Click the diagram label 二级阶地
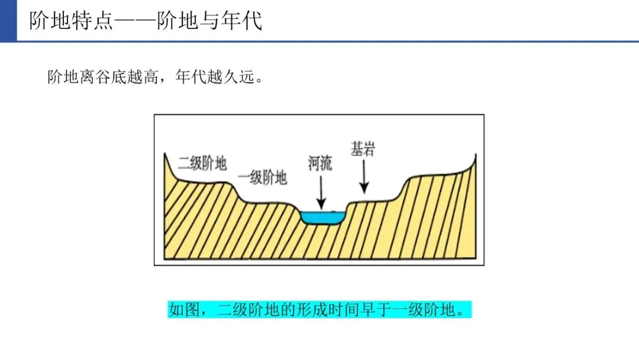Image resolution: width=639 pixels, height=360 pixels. [x=202, y=163]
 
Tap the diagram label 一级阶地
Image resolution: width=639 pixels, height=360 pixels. [x=262, y=177]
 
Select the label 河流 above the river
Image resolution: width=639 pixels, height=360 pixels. [x=320, y=163]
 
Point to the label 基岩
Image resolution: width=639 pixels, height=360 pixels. [x=363, y=149]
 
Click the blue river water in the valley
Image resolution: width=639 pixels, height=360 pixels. [x=322, y=217]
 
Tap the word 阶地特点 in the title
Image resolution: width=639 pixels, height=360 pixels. [x=73, y=21]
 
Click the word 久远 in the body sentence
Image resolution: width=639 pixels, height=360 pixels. [x=240, y=78]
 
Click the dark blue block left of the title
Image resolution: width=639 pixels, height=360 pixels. [x=8, y=21]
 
